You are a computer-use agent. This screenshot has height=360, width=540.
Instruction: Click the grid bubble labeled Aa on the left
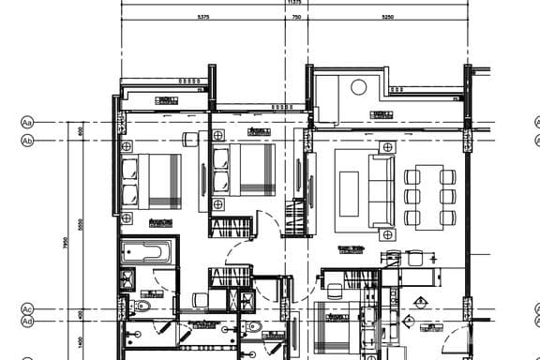pyautogui.click(x=27, y=123)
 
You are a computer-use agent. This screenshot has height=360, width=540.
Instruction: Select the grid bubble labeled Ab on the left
pyautogui.click(x=27, y=141)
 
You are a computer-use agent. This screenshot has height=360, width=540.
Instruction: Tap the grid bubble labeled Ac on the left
pyautogui.click(x=27, y=309)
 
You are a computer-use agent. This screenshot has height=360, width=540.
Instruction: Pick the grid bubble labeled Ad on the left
pyautogui.click(x=27, y=322)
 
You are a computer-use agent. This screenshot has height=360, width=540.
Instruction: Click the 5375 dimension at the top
pyautogui.click(x=203, y=17)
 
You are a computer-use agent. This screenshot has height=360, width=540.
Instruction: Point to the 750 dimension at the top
pyautogui.click(x=296, y=17)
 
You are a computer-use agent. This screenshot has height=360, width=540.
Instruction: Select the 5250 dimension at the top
pyautogui.click(x=388, y=17)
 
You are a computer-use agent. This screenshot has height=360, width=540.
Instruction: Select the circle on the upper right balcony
pyautogui.click(x=358, y=87)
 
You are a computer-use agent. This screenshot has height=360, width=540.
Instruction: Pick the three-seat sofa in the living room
pyautogui.click(x=382, y=193)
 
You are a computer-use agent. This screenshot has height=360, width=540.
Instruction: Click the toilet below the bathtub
pyautogui.click(x=143, y=306)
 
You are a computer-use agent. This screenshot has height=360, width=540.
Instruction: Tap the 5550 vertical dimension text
pyautogui.click(x=82, y=225)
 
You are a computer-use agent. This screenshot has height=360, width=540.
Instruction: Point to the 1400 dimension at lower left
pyautogui.click(x=82, y=342)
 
